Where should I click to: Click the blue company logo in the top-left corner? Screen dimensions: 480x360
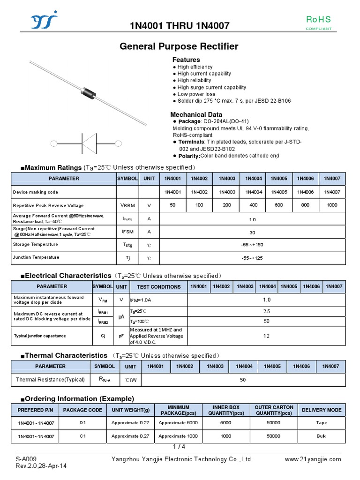(x=44, y=21)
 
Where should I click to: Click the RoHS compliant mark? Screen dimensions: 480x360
(x=318, y=22)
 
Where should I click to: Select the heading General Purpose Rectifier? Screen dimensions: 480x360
(x=179, y=46)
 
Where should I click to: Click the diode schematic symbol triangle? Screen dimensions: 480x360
(x=89, y=143)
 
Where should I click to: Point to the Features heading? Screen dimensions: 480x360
(x=186, y=60)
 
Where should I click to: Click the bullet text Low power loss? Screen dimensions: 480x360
(x=196, y=94)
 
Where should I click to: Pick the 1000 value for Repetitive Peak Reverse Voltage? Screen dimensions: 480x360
(x=332, y=205)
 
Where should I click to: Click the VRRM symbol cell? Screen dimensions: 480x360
(x=127, y=205)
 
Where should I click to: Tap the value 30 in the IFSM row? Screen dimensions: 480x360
(x=252, y=232)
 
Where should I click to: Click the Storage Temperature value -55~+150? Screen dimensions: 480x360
(x=252, y=244)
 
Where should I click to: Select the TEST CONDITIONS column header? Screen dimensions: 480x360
(x=158, y=287)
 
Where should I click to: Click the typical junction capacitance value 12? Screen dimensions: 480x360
(x=266, y=336)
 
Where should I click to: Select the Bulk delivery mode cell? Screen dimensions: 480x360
(x=322, y=436)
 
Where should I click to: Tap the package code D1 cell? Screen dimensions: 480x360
(x=82, y=423)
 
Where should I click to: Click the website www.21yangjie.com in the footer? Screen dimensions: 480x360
(x=313, y=459)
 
